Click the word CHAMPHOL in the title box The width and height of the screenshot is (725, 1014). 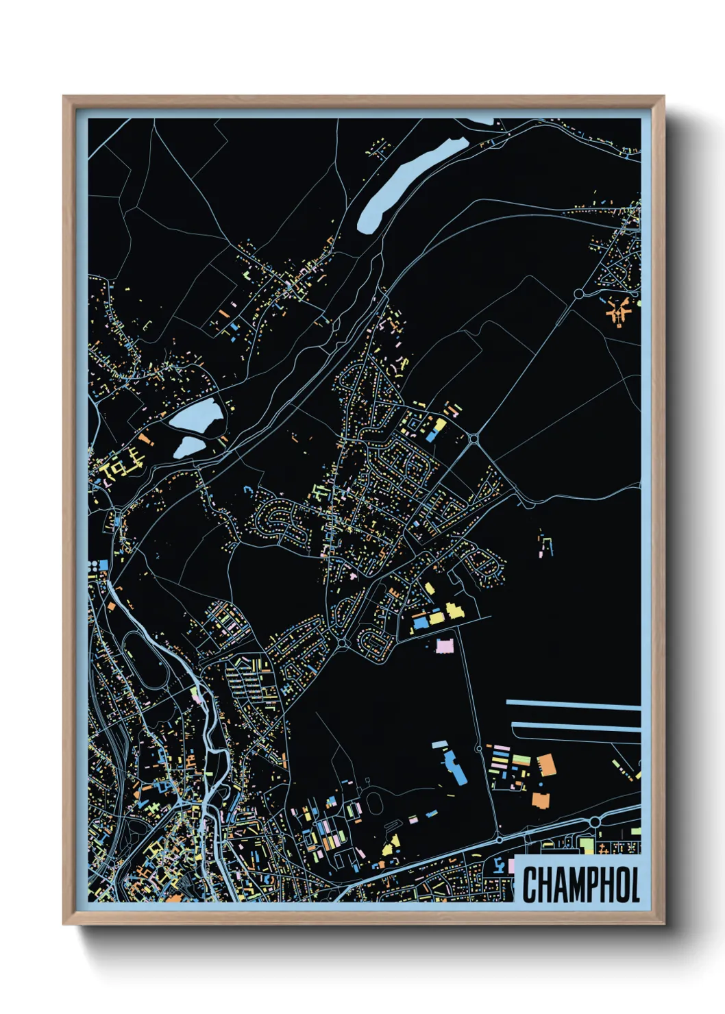[580, 884]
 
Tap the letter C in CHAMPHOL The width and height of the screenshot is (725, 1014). [530, 884]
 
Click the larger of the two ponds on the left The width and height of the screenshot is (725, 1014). [195, 416]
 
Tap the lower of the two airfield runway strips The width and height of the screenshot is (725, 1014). [576, 726]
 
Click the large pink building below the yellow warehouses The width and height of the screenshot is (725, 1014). [445, 645]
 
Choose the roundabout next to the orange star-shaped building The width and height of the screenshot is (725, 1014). [578, 293]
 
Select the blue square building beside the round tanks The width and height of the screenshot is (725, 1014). [103, 565]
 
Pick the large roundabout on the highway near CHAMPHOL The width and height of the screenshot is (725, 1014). [594, 821]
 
